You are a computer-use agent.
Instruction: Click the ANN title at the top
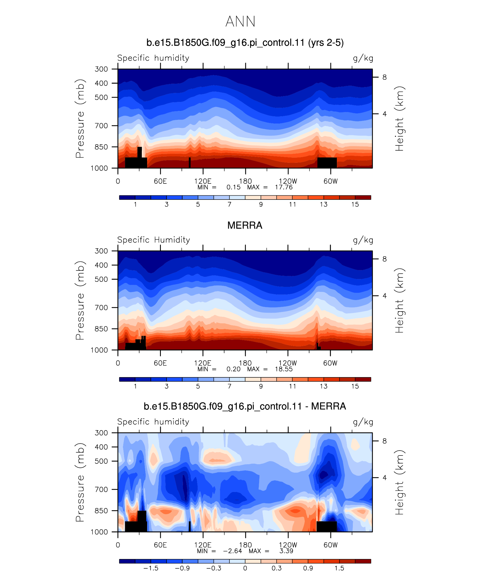[240, 22]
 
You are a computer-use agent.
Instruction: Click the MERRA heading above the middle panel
[245, 225]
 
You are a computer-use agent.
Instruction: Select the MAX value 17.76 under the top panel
[284, 187]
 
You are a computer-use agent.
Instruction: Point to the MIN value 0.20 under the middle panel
[233, 369]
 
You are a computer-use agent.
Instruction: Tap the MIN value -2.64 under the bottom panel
[232, 551]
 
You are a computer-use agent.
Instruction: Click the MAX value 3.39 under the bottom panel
[286, 551]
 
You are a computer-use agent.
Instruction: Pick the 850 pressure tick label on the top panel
[101, 147]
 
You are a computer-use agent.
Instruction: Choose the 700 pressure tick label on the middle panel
[101, 308]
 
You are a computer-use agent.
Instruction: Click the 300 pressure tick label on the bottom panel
[101, 433]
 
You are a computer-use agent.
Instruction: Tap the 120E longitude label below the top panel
[203, 181]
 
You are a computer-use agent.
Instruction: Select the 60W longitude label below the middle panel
[330, 363]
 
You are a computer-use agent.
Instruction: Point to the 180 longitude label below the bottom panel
[245, 545]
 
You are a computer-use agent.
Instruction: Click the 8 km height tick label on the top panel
[385, 77]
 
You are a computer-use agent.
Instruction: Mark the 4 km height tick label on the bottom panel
[385, 477]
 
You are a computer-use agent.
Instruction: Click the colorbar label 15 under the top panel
[355, 204]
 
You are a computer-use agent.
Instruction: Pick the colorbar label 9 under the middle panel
[261, 386]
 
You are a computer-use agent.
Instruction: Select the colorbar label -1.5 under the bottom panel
[151, 568]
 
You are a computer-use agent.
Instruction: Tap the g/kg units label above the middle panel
[363, 240]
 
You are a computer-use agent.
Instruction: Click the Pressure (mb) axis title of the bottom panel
[80, 482]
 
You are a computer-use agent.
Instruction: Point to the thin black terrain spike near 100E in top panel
[190, 163]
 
